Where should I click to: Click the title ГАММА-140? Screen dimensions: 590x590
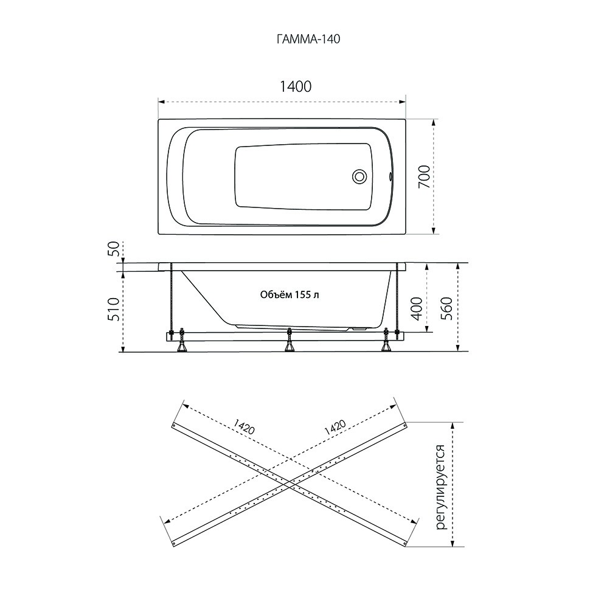click(x=308, y=39)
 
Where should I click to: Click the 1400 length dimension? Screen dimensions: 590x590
click(x=296, y=86)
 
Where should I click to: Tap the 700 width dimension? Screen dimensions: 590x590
click(x=424, y=177)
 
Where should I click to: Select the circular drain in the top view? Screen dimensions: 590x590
click(x=359, y=176)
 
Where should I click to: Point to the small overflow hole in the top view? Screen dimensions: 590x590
click(x=390, y=176)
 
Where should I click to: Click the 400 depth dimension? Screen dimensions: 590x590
click(x=417, y=308)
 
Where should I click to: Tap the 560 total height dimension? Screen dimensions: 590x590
click(x=446, y=308)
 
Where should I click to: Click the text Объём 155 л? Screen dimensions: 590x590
click(x=290, y=294)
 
